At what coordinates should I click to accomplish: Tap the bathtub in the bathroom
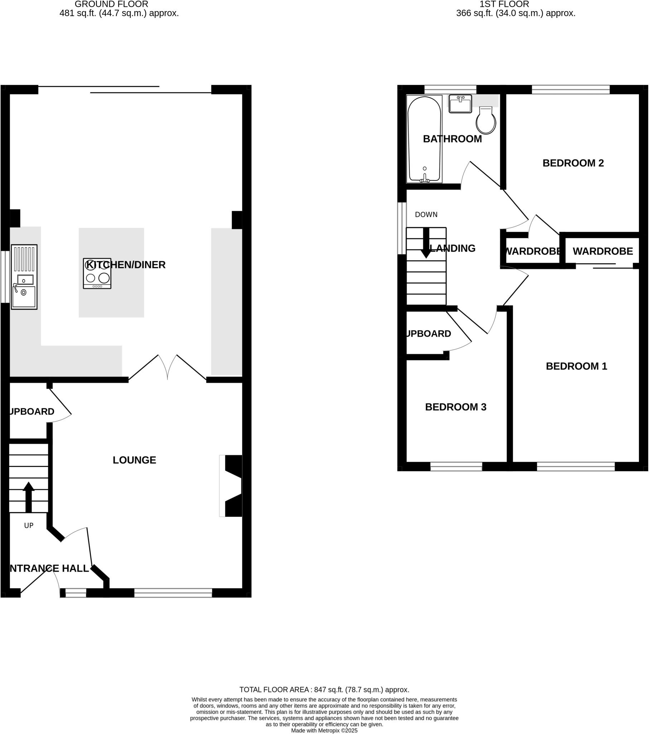click(x=424, y=139)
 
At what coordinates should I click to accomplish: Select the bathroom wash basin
click(x=460, y=104)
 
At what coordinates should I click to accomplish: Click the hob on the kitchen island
click(x=97, y=273)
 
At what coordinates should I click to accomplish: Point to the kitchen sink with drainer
click(x=24, y=277)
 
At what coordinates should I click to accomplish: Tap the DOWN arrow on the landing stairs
click(x=426, y=243)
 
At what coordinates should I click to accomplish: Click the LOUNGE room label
click(x=134, y=460)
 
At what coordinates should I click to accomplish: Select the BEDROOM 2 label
click(x=573, y=163)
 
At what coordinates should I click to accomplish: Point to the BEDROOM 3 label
click(x=456, y=407)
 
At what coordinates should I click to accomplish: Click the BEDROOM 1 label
click(x=576, y=366)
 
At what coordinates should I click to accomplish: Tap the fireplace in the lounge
click(x=231, y=486)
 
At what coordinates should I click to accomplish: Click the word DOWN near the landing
click(x=426, y=215)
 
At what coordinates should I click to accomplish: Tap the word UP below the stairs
click(x=29, y=526)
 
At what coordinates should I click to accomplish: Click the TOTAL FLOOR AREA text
click(x=324, y=690)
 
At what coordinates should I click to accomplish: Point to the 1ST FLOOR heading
click(x=504, y=4)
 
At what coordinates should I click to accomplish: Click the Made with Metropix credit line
click(x=324, y=730)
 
